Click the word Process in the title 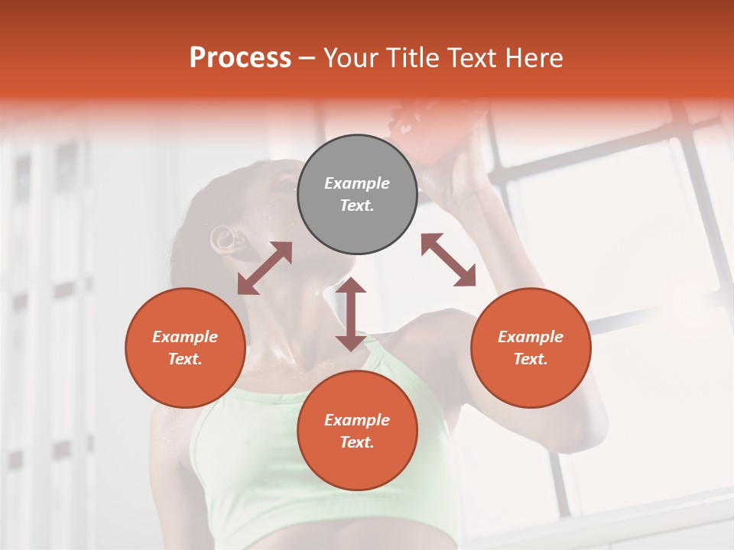(240, 58)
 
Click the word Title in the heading (410, 58)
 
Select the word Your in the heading (351, 58)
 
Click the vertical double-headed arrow (351, 315)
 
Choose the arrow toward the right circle (448, 260)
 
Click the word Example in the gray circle (357, 183)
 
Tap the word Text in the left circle (185, 359)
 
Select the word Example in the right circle (531, 337)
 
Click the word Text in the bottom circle (357, 442)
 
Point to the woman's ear (226, 238)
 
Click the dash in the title (307, 58)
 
